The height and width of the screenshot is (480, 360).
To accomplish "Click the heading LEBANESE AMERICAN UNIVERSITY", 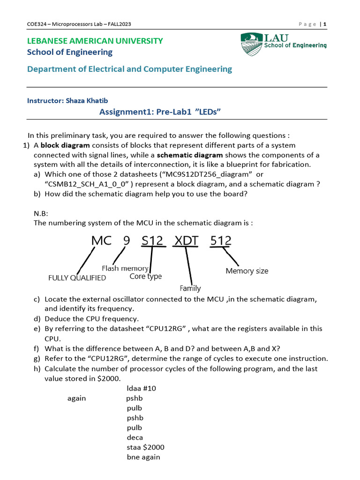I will [95, 41].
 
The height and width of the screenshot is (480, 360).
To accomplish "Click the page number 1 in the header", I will [324, 24].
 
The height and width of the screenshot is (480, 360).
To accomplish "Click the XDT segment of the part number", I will [186, 241].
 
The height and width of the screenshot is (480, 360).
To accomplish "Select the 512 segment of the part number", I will [221, 241].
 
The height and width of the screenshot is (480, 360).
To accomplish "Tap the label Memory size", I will [247, 271].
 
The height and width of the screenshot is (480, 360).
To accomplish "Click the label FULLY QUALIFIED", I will [77, 277].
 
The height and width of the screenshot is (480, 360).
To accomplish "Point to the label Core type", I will [145, 277].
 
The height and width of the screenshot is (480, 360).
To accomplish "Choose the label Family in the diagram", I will [190, 288].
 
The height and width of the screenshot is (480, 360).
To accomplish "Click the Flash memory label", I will [125, 268].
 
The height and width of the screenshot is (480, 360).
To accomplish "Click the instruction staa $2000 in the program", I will [145, 447].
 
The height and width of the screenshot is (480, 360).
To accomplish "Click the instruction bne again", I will [143, 457].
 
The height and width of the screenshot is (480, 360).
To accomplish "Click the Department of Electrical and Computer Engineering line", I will [129, 69].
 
